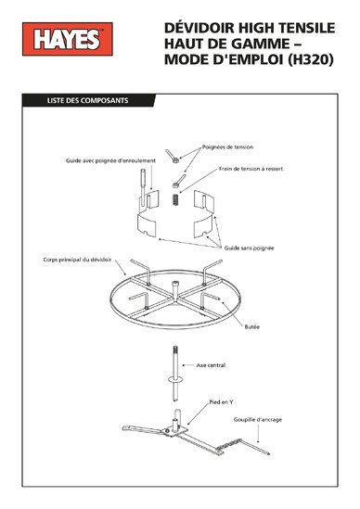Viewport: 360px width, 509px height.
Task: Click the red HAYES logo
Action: click(x=68, y=39)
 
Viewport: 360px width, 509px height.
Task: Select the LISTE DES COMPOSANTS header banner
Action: click(x=88, y=100)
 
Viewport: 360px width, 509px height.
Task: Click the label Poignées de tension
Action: click(x=227, y=146)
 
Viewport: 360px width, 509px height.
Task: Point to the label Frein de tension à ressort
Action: click(x=251, y=169)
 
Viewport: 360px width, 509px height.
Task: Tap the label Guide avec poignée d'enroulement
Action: click(x=110, y=160)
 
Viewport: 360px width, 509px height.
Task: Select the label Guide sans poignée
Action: click(x=249, y=248)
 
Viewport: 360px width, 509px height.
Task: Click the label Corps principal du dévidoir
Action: click(x=77, y=260)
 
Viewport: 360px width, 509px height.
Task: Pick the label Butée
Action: click(x=251, y=326)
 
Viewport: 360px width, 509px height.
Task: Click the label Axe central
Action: click(x=211, y=365)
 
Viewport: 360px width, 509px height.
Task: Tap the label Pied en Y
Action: click(x=221, y=401)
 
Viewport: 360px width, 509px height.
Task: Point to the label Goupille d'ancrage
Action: click(x=258, y=419)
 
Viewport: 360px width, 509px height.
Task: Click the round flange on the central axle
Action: click(x=175, y=379)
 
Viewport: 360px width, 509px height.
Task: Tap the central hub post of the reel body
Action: click(x=175, y=291)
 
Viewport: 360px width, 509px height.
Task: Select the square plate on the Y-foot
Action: click(x=175, y=431)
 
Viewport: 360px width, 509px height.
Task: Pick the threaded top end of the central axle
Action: click(x=175, y=350)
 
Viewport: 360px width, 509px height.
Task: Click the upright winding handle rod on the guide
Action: click(x=143, y=186)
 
